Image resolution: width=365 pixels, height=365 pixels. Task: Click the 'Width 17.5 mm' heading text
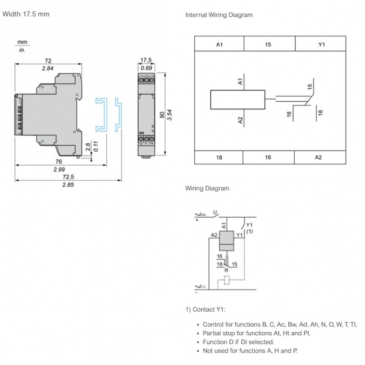tap(26, 14)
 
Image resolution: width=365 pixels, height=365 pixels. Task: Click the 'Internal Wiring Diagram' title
tap(219, 15)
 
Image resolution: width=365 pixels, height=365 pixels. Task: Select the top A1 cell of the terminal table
tap(219, 44)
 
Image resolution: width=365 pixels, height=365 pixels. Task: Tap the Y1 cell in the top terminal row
tap(321, 44)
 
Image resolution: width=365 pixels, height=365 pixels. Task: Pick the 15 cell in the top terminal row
tap(268, 44)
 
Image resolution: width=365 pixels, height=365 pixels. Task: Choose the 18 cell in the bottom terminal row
tap(219, 157)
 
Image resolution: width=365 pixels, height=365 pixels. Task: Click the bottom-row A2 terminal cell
tap(318, 157)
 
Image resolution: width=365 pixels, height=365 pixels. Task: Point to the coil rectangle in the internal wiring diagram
tap(237, 100)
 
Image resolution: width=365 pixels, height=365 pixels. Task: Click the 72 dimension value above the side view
tap(48, 61)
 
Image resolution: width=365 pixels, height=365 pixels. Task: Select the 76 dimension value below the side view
tap(58, 161)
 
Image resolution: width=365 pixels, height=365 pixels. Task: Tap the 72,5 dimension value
tap(68, 177)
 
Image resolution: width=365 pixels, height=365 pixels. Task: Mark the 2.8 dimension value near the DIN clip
tap(88, 146)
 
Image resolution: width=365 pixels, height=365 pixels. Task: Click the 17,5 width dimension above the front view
tap(146, 61)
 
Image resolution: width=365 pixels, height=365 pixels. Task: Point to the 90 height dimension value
tap(161, 115)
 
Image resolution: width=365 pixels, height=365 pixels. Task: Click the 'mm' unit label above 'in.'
tap(22, 42)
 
